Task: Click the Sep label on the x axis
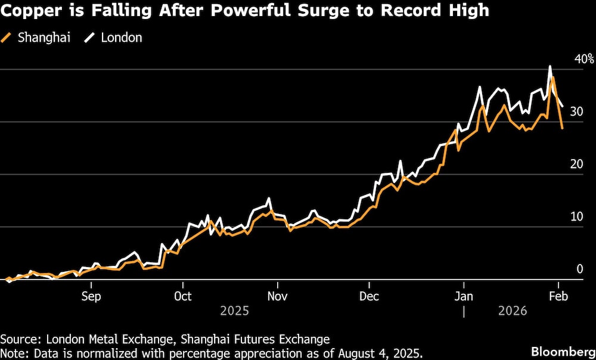[91, 296]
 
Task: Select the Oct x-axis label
[182, 296]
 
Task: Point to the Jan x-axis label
[464, 296]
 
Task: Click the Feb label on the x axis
[558, 296]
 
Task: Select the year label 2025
[235, 311]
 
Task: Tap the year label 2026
[513, 311]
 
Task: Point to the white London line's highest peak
[550, 66]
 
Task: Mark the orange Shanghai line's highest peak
[554, 77]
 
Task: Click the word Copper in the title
[28, 12]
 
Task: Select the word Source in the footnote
[18, 339]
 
